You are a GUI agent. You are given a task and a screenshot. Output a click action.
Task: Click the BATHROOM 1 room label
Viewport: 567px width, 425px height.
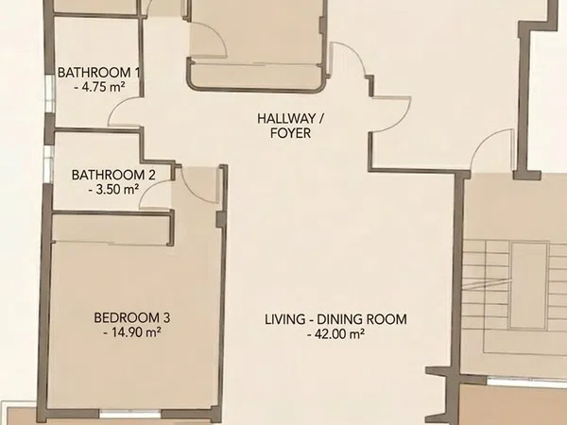(x=98, y=73)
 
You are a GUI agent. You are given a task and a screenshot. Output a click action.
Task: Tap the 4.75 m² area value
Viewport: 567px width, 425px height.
(x=99, y=87)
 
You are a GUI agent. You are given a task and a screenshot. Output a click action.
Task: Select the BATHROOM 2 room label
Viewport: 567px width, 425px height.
(x=113, y=175)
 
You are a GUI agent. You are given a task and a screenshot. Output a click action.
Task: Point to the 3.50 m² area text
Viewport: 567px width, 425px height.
(x=114, y=190)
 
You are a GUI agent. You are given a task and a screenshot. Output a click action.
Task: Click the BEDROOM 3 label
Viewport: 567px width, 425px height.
(x=132, y=318)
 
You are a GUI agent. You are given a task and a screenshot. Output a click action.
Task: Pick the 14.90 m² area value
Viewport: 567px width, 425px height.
(x=132, y=332)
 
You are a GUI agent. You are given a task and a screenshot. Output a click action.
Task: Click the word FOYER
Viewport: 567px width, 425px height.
(x=291, y=133)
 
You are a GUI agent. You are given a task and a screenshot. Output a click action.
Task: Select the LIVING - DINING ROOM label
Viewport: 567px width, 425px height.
(x=335, y=319)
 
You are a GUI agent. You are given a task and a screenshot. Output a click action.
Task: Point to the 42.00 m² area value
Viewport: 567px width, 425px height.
(x=335, y=334)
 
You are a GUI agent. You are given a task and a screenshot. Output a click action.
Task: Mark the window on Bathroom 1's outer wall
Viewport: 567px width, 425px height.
(x=50, y=93)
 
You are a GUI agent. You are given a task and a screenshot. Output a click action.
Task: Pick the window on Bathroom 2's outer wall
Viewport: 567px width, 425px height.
(x=48, y=164)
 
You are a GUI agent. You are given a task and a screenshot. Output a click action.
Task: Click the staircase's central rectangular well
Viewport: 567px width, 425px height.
(x=529, y=285)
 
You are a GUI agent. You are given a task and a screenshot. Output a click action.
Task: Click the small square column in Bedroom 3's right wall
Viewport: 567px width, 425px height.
(x=220, y=220)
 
